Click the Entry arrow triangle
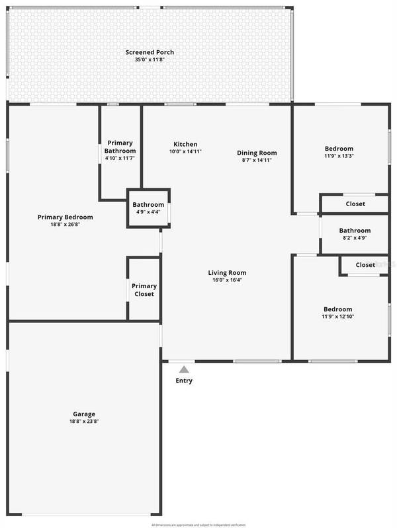click(x=184, y=369)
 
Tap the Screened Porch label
click(x=150, y=52)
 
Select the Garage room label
click(x=84, y=414)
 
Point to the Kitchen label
click(x=185, y=144)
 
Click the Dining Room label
click(x=257, y=153)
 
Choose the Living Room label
click(x=227, y=272)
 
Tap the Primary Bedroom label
click(x=65, y=217)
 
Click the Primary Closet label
click(x=144, y=289)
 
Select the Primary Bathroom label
click(x=120, y=147)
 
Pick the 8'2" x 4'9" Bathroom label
click(x=355, y=231)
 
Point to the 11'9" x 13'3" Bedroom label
click(x=339, y=149)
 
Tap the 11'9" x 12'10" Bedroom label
click(x=337, y=309)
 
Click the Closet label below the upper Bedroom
click(x=355, y=204)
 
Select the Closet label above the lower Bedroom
click(x=365, y=265)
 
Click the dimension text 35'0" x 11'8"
click(x=150, y=59)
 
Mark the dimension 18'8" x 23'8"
click(x=84, y=421)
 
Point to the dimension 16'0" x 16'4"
click(x=227, y=280)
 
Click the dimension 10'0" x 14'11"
click(x=185, y=151)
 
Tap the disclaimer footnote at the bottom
click(x=198, y=524)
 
